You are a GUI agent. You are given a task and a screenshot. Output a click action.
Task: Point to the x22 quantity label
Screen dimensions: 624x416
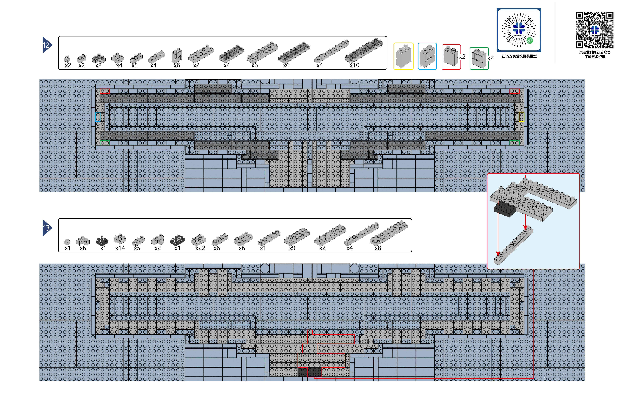(200, 248)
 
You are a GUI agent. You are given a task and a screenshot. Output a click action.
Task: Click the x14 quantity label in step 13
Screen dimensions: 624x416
(120, 248)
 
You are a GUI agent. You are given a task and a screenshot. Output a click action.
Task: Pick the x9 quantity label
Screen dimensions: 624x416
(292, 248)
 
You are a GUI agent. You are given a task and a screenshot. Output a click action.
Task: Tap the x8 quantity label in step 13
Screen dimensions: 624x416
(378, 248)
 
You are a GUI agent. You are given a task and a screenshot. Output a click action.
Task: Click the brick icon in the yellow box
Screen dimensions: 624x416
(403, 56)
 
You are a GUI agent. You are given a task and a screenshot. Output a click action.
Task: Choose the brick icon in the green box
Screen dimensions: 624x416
(479, 58)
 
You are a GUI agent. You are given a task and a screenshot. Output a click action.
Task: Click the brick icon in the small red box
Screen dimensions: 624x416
(451, 56)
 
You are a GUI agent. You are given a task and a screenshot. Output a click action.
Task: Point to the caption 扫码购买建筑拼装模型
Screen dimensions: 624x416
(519, 56)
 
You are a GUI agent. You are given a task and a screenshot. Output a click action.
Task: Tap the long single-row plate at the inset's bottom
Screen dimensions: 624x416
(513, 245)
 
